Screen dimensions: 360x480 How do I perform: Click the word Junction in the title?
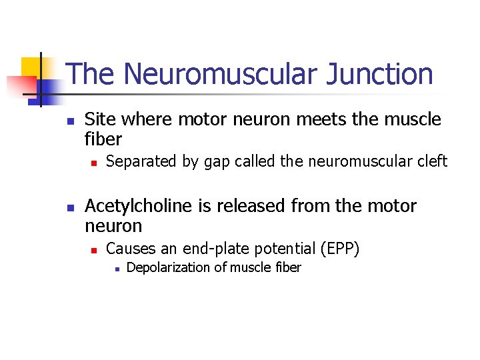380,75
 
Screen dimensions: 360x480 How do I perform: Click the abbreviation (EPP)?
340,249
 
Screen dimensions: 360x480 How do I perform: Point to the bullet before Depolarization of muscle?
116,269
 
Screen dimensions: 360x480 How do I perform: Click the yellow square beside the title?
31,67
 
